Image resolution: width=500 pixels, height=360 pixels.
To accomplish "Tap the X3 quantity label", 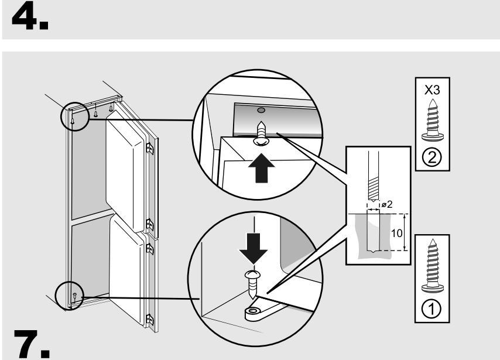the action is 432,90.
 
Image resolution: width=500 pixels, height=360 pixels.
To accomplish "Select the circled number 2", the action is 431,157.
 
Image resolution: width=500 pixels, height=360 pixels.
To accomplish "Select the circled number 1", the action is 431,308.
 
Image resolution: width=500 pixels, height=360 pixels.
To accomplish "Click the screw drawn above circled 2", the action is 433,120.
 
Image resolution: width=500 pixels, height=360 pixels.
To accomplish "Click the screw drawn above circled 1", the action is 433,266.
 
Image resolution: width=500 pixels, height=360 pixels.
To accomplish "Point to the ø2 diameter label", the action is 387,204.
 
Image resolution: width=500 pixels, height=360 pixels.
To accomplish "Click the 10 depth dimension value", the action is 396,234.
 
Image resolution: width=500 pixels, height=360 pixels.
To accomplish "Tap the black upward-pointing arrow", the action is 262,168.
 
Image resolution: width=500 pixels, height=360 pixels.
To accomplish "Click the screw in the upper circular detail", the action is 261,134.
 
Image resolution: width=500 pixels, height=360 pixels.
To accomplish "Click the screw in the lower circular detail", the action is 252,284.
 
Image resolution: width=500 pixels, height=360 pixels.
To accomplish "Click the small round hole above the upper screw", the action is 261,111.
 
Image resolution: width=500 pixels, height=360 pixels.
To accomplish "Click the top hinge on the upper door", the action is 149,148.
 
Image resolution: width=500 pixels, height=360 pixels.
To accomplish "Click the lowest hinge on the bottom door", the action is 149,320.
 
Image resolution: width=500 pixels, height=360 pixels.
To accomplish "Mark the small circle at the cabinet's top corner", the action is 75,116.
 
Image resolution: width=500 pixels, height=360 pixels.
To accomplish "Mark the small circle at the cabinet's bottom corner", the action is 70,296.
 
